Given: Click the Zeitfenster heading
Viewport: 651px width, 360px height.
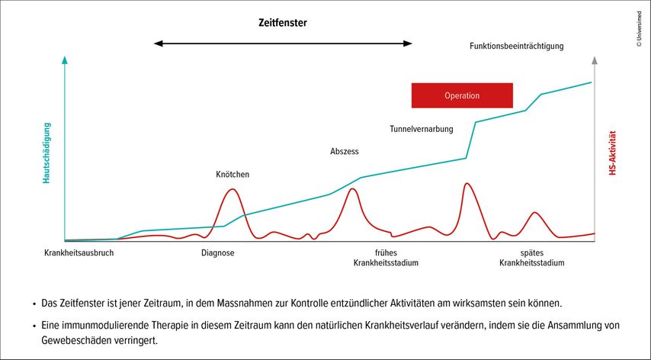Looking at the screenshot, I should tap(282, 23).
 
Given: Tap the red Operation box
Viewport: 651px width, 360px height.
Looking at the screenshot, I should tap(462, 95).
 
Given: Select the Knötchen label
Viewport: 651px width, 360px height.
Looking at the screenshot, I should tap(232, 175).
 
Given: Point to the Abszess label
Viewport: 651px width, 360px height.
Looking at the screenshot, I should tap(344, 152).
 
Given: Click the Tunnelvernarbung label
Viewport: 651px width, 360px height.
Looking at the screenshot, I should tap(422, 129).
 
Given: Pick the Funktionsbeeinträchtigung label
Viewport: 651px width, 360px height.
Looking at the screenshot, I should tap(516, 46).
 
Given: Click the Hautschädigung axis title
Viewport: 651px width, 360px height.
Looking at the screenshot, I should tap(46, 153).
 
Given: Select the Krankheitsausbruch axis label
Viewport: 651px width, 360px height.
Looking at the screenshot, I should tap(79, 253).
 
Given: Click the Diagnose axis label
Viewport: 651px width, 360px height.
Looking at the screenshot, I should tap(218, 253).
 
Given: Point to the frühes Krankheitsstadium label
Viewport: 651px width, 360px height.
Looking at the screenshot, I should tap(386, 258).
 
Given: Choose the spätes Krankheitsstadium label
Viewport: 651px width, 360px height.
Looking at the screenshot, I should tap(531, 258).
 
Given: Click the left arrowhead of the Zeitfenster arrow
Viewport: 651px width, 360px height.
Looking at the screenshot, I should tap(158, 43).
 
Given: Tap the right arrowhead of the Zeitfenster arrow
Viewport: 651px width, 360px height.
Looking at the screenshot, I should tap(409, 43).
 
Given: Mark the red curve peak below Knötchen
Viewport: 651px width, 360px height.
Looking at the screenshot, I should tap(232, 189).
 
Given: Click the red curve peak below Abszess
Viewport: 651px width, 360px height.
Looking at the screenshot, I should tap(351, 188).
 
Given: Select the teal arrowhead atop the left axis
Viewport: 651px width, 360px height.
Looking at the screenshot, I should tap(66, 59).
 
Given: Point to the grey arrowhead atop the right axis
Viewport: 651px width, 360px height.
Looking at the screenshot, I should tap(595, 59).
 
